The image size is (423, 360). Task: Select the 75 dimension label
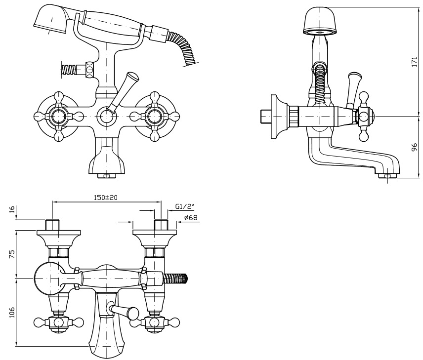(12, 254)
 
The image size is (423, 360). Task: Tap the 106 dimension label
(12, 312)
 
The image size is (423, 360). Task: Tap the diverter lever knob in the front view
(131, 79)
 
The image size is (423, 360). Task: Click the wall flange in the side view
(284, 116)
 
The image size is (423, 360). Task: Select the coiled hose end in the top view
(176, 279)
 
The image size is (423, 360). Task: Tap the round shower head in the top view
(49, 278)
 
